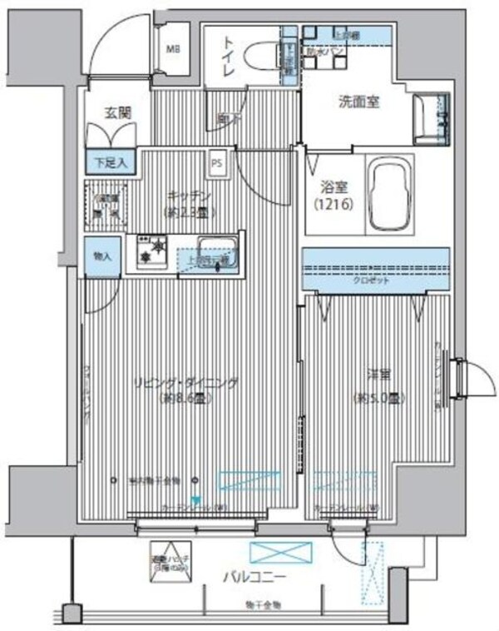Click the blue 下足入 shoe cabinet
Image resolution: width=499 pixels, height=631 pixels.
(110, 161)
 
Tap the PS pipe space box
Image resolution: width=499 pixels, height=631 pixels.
(216, 161)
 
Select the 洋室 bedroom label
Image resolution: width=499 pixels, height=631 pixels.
(378, 375)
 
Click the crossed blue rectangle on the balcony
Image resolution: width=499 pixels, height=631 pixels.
(282, 553)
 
